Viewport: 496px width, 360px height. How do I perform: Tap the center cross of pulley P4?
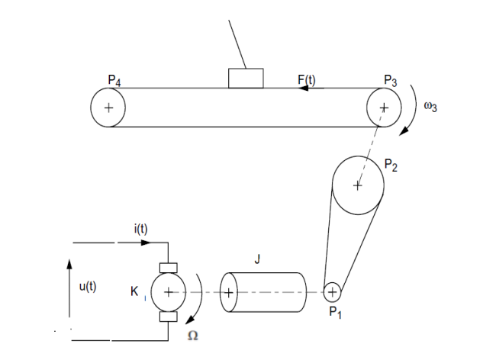(109, 108)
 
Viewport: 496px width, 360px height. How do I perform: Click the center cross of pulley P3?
(383, 108)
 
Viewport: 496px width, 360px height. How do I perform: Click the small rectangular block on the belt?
(246, 79)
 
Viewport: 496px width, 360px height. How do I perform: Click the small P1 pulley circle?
(332, 291)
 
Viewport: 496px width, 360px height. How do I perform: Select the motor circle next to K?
(168, 292)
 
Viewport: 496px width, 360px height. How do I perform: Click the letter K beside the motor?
(135, 291)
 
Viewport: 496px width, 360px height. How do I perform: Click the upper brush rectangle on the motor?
(168, 268)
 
